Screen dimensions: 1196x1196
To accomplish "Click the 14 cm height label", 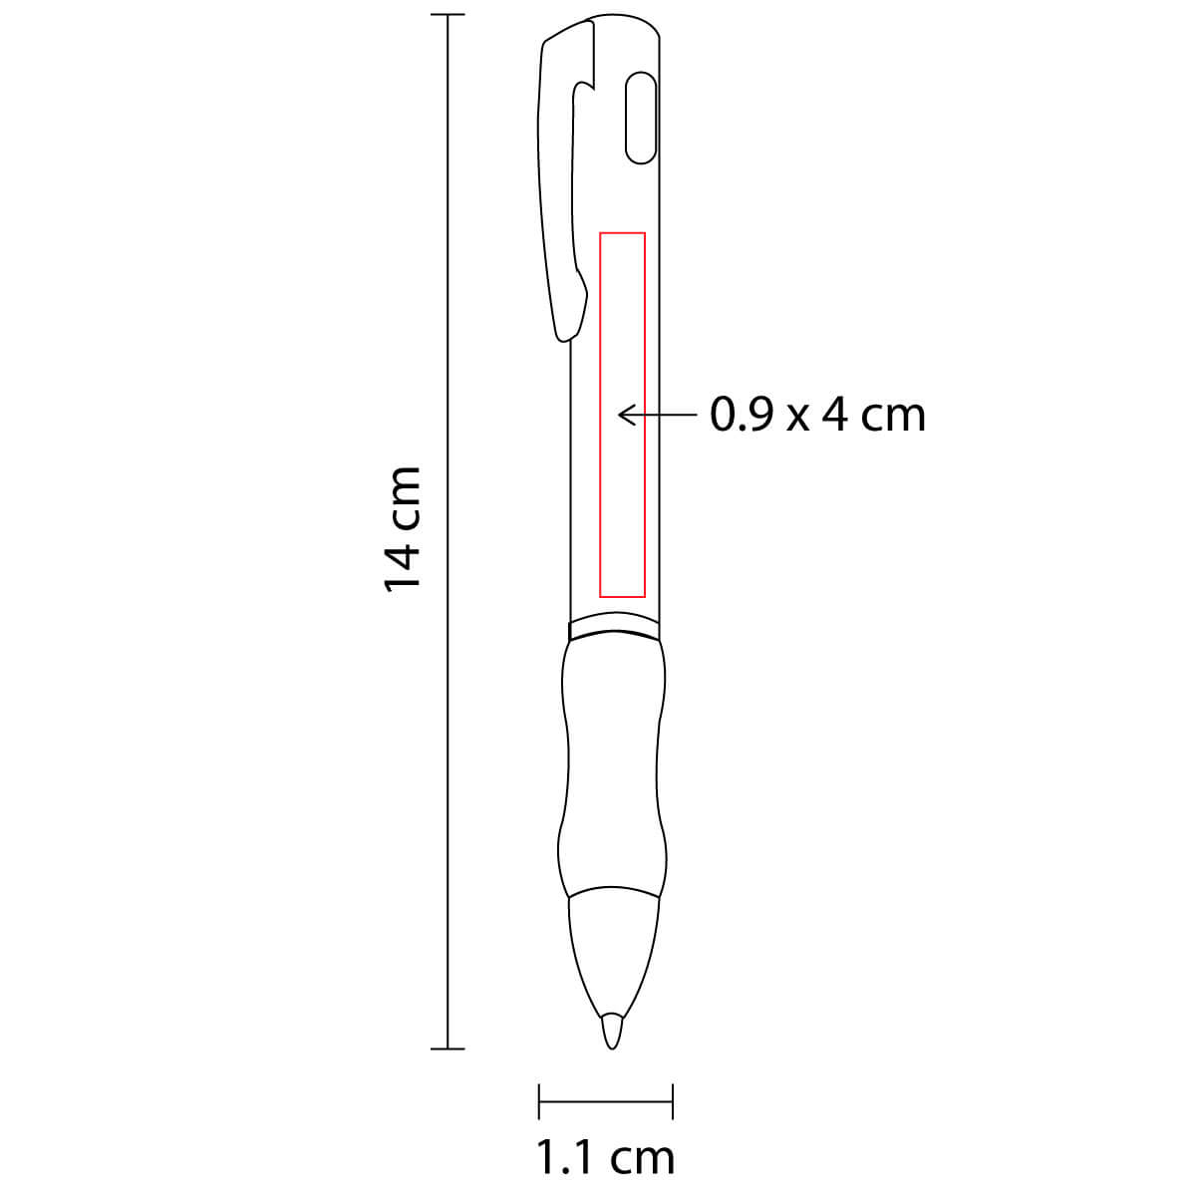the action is pos(403,530).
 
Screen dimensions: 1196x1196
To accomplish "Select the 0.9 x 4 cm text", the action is pos(817,415).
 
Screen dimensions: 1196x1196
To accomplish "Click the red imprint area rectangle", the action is pos(600,415).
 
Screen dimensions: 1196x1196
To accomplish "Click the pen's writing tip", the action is pos(611,1034).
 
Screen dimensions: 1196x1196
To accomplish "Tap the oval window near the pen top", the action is pos(641,118).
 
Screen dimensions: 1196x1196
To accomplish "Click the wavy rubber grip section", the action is pos(612,768).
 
